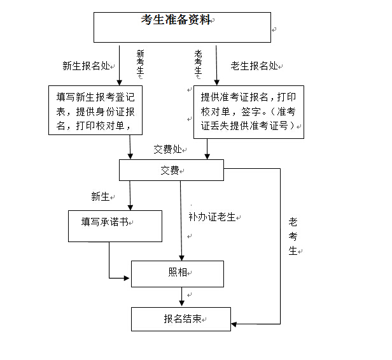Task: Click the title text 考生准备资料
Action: point(176,20)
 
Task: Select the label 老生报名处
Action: point(254,65)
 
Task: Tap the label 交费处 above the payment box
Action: point(167,149)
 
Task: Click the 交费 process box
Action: point(171,170)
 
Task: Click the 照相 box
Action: point(178,273)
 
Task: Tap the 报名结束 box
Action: point(181,319)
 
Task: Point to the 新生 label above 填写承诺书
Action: point(101,196)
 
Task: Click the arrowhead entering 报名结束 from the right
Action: point(235,324)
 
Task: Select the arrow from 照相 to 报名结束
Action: point(182,296)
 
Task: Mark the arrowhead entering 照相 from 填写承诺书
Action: point(127,277)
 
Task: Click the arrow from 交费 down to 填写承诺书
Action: point(130,195)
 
